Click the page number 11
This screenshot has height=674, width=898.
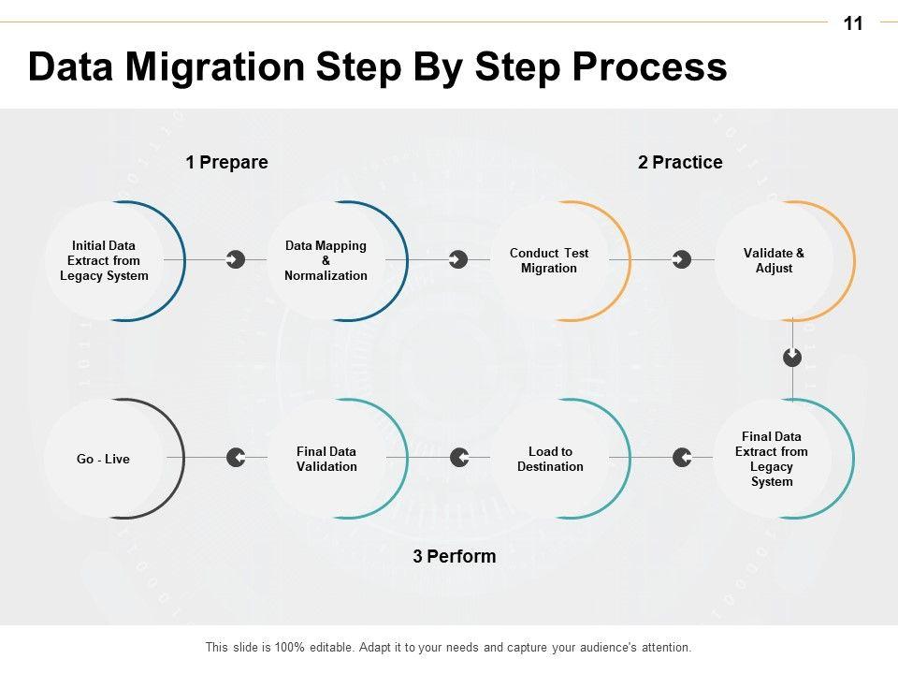click(x=852, y=24)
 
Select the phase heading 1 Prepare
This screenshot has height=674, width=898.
click(x=226, y=163)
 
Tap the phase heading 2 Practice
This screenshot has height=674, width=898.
click(x=680, y=163)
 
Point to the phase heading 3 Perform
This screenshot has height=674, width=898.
click(x=455, y=557)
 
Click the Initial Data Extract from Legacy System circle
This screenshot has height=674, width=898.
click(x=105, y=261)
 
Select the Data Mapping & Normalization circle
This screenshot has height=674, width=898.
click(x=326, y=261)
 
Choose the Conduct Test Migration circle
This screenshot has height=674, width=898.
click(x=549, y=261)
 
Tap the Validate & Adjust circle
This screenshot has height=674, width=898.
click(x=774, y=261)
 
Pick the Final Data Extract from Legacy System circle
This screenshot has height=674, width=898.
click(x=772, y=459)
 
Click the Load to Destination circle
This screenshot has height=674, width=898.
click(x=550, y=459)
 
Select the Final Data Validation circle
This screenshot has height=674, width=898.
click(x=326, y=459)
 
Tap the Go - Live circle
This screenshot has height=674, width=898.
click(x=104, y=459)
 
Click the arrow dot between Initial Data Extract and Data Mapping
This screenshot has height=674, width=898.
click(x=236, y=259)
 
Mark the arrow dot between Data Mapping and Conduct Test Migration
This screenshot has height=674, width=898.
click(x=458, y=259)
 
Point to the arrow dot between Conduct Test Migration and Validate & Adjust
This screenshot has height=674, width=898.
click(x=682, y=259)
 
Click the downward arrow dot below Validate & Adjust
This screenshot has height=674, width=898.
click(x=792, y=357)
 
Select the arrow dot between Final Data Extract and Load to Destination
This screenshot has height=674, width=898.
click(x=682, y=458)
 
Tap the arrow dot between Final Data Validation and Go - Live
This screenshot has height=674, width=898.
click(x=236, y=458)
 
